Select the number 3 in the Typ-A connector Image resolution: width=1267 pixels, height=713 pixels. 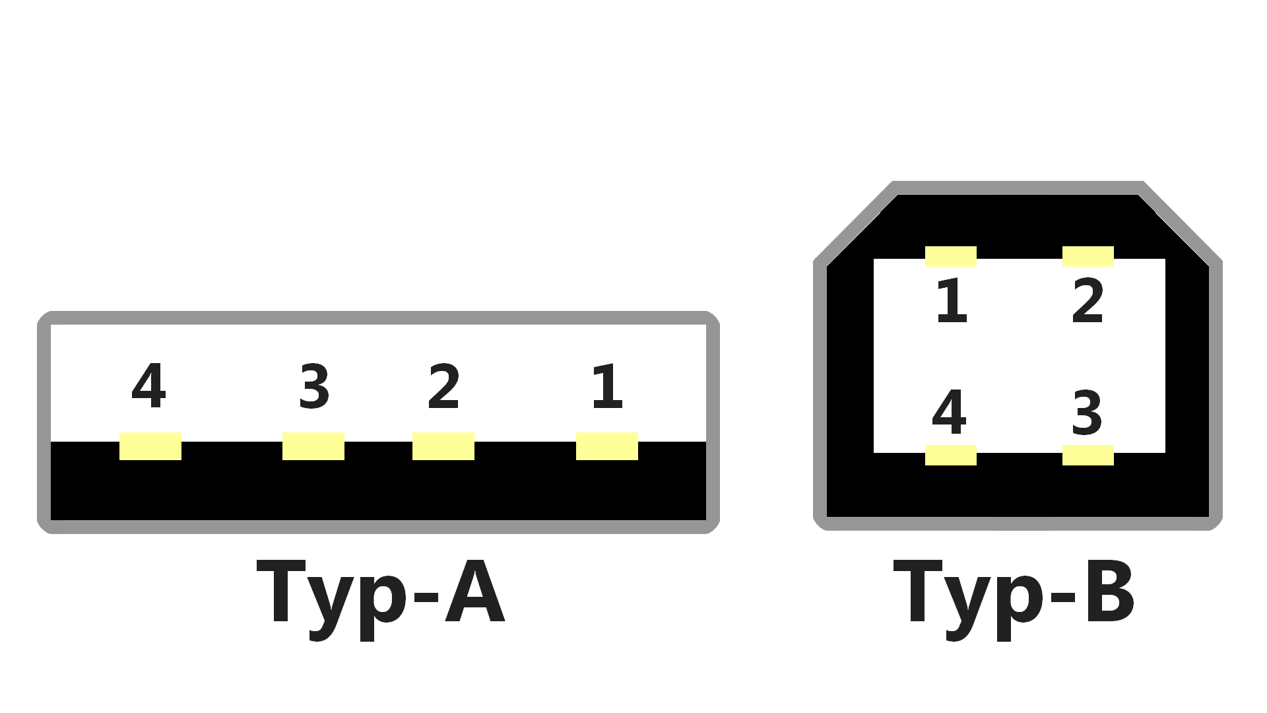click(314, 386)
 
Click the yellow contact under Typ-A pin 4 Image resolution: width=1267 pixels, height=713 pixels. click(150, 446)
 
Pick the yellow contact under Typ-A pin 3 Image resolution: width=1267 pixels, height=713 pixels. click(313, 446)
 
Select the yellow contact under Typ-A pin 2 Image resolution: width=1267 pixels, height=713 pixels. click(443, 446)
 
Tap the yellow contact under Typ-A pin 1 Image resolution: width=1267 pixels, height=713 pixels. click(607, 446)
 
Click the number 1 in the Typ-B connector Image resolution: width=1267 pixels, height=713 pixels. click(952, 300)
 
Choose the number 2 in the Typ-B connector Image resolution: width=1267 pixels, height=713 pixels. click(1088, 300)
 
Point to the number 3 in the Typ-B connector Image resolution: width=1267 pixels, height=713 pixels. click(1087, 413)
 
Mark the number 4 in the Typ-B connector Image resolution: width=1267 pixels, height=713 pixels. click(949, 411)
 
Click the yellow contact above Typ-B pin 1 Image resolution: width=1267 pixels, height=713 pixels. click(951, 256)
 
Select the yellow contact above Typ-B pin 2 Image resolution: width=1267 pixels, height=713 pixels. click(1088, 256)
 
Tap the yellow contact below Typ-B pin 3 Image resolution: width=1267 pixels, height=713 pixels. click(1088, 455)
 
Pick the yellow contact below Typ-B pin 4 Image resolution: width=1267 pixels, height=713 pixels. click(951, 455)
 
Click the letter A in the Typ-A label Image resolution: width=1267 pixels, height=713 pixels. click(475, 591)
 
